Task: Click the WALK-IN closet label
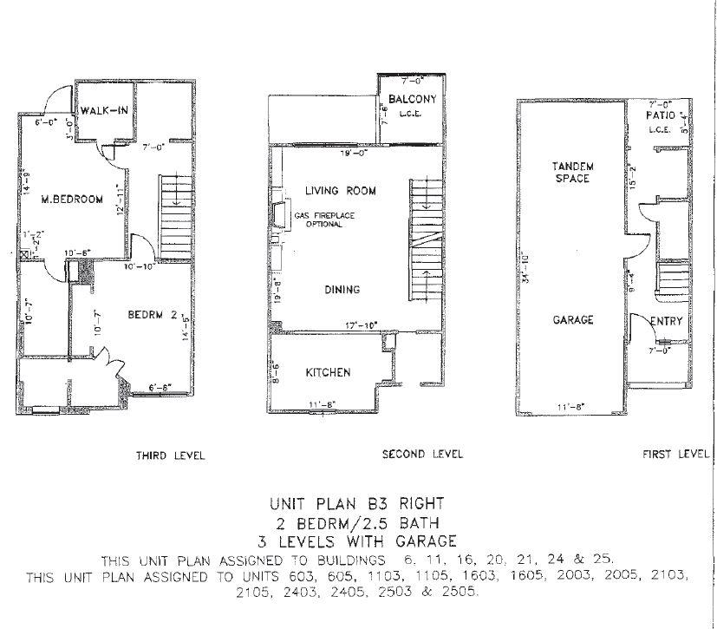coord(105,111)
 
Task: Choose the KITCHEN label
coord(328,373)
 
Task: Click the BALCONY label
coord(412,99)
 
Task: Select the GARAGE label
coord(573,320)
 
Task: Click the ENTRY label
coord(666,321)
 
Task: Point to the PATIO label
coord(661,115)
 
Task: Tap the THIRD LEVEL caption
coord(170,455)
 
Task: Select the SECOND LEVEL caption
coord(422,454)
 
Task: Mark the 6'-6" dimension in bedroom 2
coord(160,388)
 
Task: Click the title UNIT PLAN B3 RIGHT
coord(358,503)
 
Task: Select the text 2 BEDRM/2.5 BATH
coord(358,522)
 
